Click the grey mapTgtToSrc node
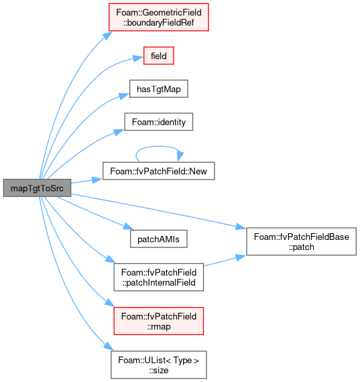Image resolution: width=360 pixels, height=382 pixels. [x=37, y=188]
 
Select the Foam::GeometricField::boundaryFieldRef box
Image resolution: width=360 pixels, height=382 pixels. [x=159, y=17]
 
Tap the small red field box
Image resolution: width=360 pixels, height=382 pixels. [x=159, y=56]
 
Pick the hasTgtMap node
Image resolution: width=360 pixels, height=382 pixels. [x=159, y=89]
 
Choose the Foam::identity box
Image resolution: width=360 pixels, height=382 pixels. [x=159, y=122]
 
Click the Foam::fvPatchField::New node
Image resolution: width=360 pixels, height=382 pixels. [x=159, y=171]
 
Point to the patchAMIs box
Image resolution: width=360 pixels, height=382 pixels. [x=159, y=239]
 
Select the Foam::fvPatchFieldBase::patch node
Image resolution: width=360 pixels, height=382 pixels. [x=301, y=241]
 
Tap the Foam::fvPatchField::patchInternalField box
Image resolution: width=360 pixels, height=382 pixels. [x=159, y=277]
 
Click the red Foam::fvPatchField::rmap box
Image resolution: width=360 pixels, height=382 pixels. [x=159, y=321]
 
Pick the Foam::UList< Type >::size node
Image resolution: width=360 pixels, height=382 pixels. [x=159, y=365]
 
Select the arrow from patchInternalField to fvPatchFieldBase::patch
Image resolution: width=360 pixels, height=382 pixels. [x=225, y=261]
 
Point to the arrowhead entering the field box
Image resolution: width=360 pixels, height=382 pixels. [x=138, y=58]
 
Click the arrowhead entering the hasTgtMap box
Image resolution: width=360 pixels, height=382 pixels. [x=124, y=96]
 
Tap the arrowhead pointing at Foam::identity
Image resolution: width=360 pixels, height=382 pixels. [x=119, y=132]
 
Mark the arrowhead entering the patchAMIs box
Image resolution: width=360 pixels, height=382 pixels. [x=128, y=227]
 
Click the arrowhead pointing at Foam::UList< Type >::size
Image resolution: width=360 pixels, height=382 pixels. [x=109, y=346]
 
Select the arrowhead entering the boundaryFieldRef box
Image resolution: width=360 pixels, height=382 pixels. [x=107, y=36]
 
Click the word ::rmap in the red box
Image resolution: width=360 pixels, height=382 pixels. [x=159, y=326]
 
